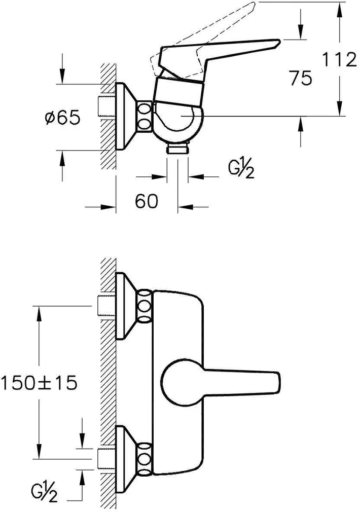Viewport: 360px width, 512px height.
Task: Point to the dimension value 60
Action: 147,201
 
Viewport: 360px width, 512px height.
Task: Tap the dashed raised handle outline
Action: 213,25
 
